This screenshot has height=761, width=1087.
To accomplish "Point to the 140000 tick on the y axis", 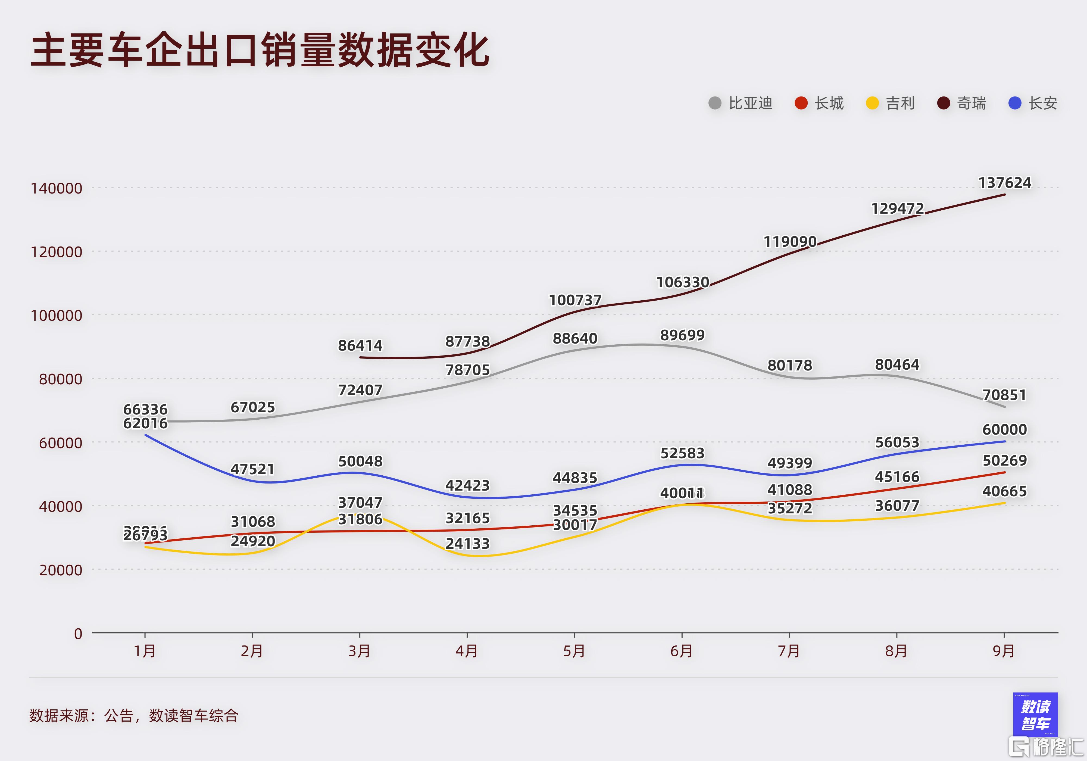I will [56, 188].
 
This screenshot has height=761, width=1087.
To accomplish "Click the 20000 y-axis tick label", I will [60, 570].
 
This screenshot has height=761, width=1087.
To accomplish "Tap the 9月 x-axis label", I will [1004, 651].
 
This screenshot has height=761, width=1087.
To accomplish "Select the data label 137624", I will [1005, 183].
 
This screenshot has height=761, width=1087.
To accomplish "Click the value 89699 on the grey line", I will [682, 335].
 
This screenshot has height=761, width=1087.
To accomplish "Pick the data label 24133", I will [467, 544].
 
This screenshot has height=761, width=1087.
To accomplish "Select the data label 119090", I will [790, 242].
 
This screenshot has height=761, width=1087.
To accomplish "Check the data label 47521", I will [252, 469].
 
